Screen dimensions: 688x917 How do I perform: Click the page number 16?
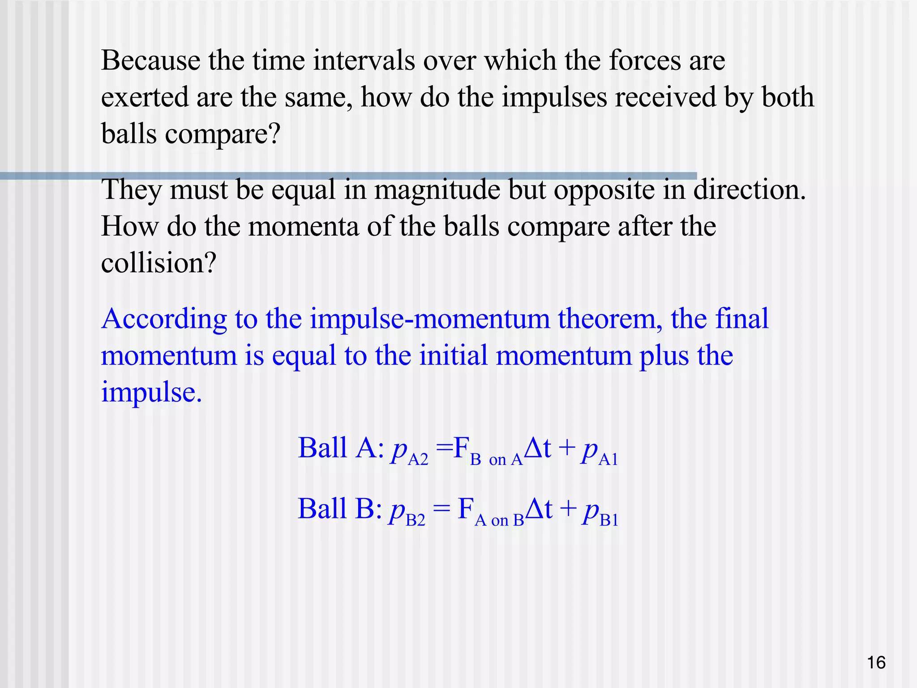[876, 662]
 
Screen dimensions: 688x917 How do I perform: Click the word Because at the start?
[150, 60]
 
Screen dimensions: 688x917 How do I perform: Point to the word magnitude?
[437, 190]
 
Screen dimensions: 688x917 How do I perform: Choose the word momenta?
[303, 226]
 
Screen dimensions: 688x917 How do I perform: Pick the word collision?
[159, 263]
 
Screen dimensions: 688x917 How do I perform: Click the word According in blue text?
[164, 320]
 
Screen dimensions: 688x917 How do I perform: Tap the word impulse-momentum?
[430, 320]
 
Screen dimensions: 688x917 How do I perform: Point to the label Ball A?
[341, 448]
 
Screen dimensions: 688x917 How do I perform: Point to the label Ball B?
[340, 509]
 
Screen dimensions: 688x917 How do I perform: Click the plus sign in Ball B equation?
[567, 509]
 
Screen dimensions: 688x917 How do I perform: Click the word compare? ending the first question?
[222, 134]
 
